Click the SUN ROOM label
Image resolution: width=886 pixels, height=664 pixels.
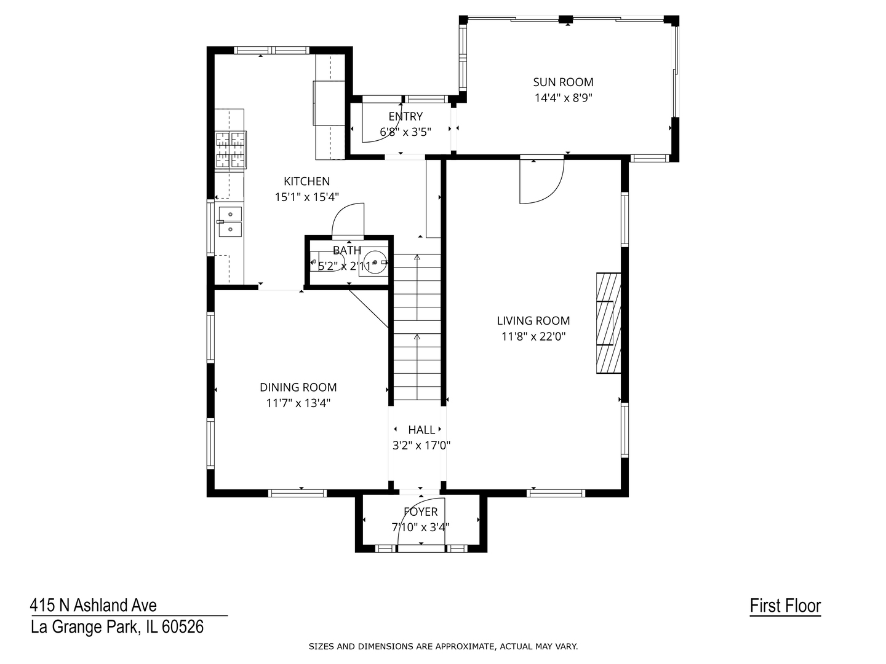tap(563, 82)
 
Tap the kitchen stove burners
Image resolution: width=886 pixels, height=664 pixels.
tap(231, 149)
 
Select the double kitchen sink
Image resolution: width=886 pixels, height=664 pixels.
tap(230, 221)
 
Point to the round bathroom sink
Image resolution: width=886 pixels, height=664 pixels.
tap(375, 262)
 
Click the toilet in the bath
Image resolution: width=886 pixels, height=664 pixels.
tap(327, 261)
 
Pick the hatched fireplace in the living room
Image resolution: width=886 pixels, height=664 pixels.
tap(609, 323)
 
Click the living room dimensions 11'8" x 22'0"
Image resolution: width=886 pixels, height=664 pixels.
tap(533, 336)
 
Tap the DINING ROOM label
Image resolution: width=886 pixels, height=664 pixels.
tap(298, 387)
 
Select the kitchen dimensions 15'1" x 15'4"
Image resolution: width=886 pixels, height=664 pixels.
tap(307, 197)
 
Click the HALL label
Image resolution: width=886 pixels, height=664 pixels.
tap(421, 430)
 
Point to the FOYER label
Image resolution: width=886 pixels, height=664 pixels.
tap(421, 512)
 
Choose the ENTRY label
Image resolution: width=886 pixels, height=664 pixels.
tap(405, 117)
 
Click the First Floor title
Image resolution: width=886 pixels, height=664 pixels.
tap(785, 606)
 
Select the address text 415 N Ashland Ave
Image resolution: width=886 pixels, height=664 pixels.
tap(94, 606)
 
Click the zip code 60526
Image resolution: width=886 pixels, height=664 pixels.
tap(183, 627)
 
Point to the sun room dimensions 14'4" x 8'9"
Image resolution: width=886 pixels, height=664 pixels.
tap(563, 98)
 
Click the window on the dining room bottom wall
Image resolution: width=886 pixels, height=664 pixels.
tap(297, 492)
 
